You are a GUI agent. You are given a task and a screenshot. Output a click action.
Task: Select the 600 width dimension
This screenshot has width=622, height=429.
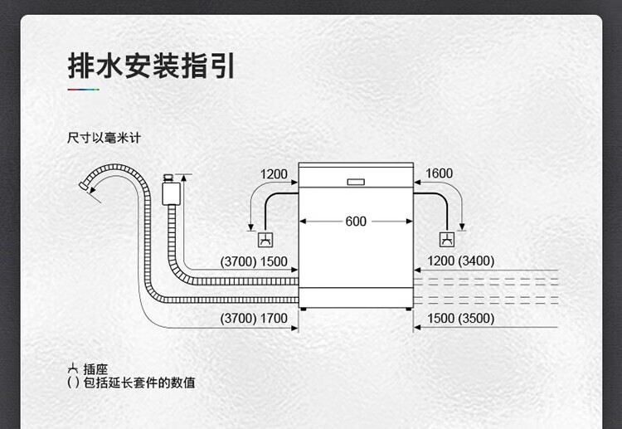[356, 222]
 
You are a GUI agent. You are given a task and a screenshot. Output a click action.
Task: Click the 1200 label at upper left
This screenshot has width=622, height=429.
[274, 174]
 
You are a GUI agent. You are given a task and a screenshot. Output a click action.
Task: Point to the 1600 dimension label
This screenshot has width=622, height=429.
[439, 173]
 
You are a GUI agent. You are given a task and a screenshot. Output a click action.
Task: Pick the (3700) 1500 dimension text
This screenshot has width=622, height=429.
[254, 261]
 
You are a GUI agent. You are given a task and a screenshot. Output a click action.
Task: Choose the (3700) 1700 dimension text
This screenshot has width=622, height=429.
[254, 319]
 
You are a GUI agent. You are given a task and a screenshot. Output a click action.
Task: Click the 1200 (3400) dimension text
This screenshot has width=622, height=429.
[460, 261]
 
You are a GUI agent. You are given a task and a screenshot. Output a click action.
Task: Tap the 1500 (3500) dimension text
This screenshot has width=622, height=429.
[460, 319]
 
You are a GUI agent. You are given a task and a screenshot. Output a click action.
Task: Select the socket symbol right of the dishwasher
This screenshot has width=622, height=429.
[446, 240]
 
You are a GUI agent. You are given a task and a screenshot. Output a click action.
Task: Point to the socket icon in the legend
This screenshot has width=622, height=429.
[73, 369]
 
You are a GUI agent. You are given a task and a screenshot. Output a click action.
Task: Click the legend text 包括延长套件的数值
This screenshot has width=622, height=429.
[139, 383]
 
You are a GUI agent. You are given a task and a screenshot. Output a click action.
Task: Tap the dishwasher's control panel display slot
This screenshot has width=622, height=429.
[356, 181]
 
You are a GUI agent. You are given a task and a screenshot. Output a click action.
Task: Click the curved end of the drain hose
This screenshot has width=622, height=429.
[86, 184]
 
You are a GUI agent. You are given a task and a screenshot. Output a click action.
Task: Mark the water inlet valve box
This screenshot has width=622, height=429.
[172, 192]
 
